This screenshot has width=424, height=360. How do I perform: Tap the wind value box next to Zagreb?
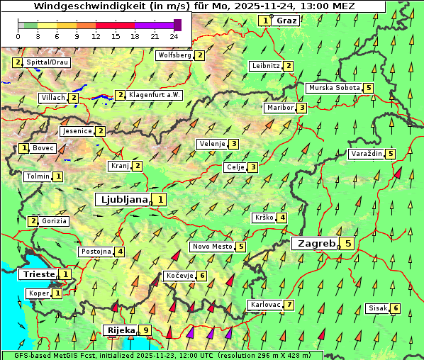pos(348,243)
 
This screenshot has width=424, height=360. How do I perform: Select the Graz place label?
pos(286,21)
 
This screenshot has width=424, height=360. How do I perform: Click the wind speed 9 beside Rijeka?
pos(145,330)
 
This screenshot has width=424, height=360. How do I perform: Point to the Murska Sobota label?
pos(333,88)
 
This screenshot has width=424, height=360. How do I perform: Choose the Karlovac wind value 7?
pos(289,305)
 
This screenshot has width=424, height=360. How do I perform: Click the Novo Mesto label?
pos(212,247)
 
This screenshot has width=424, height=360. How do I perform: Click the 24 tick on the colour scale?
pos(173,35)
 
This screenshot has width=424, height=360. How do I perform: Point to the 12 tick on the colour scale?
pos(96,35)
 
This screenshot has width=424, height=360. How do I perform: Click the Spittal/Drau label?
pos(46,62)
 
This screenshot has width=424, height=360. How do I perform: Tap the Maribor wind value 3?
pos(301,108)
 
